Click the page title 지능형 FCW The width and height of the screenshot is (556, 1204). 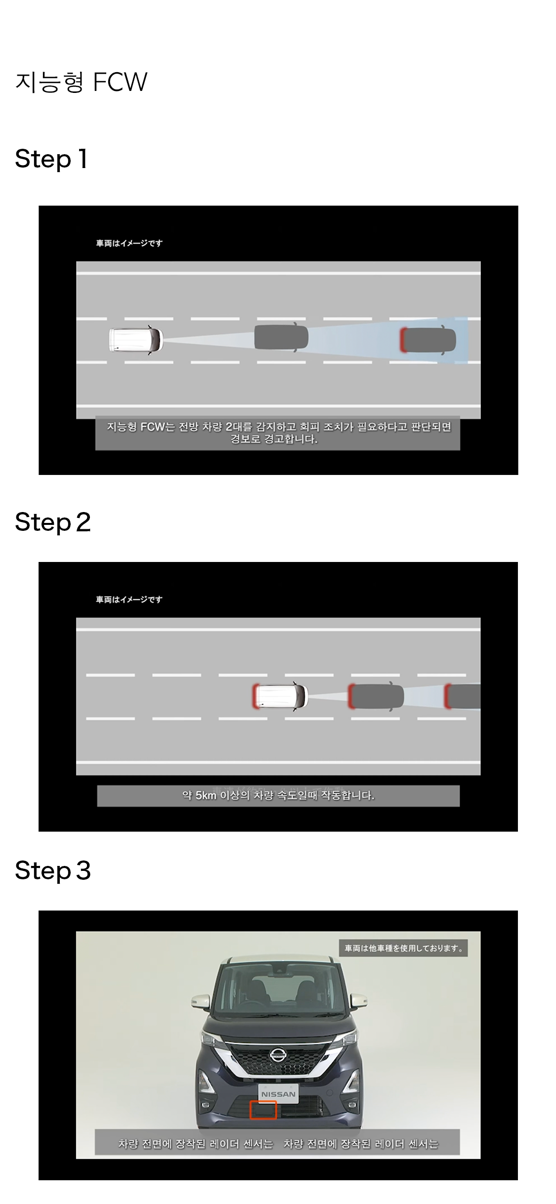(81, 82)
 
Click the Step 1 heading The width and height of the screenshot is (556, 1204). (51, 159)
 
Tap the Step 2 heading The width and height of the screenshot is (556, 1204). (53, 522)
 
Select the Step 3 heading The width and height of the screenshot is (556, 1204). (53, 870)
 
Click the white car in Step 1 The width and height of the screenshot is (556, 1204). (135, 340)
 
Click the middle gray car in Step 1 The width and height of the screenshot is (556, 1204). (281, 338)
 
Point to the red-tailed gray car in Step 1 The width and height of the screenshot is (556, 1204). (428, 340)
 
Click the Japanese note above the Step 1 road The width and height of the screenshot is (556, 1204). (129, 243)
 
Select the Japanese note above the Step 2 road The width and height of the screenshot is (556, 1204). (129, 600)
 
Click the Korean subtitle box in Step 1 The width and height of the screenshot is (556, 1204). (278, 433)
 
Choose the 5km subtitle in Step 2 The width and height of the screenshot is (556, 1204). (278, 796)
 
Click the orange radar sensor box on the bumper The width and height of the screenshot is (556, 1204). (262, 1110)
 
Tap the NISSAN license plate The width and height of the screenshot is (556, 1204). (278, 1094)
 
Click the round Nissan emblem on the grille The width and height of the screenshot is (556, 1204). (278, 1055)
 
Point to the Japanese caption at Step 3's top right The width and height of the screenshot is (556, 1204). (403, 948)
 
